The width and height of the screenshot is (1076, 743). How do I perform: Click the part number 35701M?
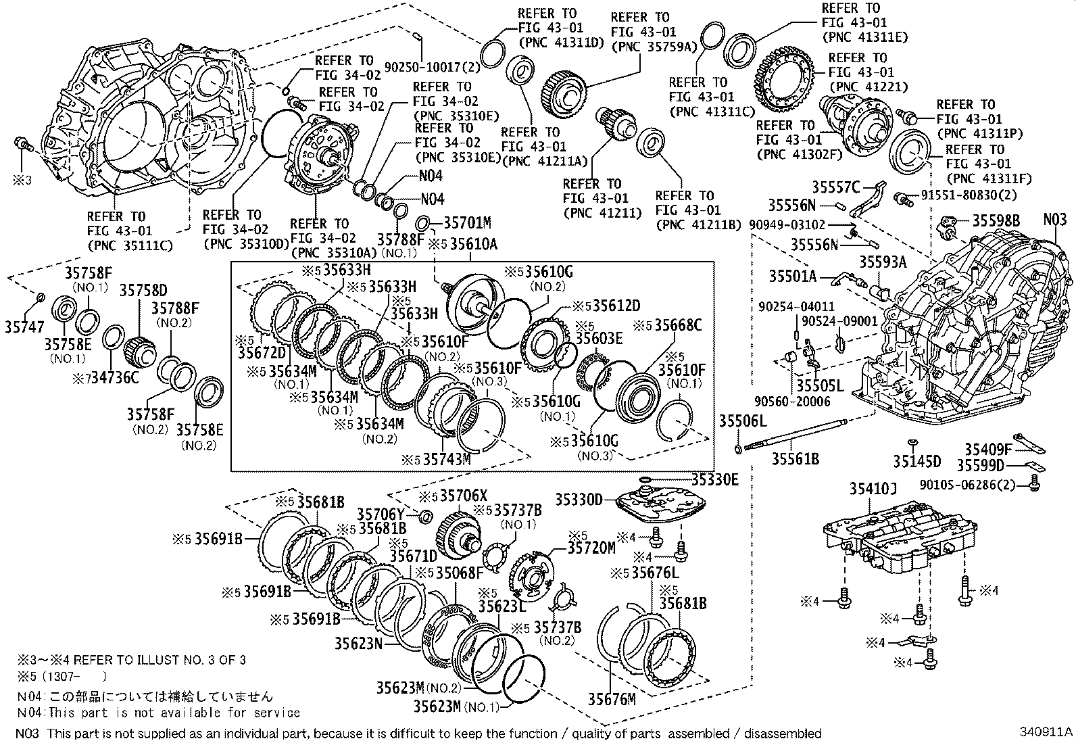467,222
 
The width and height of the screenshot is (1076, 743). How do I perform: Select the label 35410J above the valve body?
872,489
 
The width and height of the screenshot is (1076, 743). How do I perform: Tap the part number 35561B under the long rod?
796,459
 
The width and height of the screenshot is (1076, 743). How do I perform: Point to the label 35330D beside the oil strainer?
579,499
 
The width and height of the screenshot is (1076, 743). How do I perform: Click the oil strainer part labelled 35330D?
661,504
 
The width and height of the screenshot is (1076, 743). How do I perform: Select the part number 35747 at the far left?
24,326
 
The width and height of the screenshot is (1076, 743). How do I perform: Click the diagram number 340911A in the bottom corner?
1047,732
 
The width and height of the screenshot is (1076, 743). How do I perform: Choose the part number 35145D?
916,461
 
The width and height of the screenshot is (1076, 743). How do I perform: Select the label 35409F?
987,449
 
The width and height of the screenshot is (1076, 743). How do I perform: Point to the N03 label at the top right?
1055,219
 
